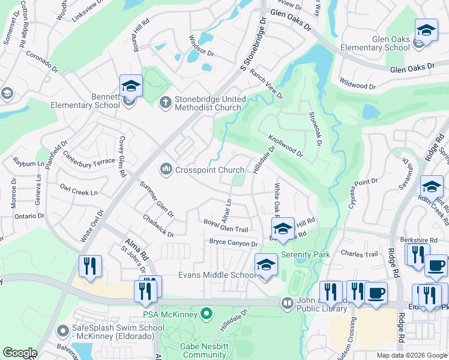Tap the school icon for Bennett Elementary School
[131, 86]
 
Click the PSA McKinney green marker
[207, 314]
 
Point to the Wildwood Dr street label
[357, 83]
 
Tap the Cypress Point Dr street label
[363, 193]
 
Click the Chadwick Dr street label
[157, 224]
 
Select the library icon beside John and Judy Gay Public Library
[288, 304]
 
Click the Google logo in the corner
[20, 353]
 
